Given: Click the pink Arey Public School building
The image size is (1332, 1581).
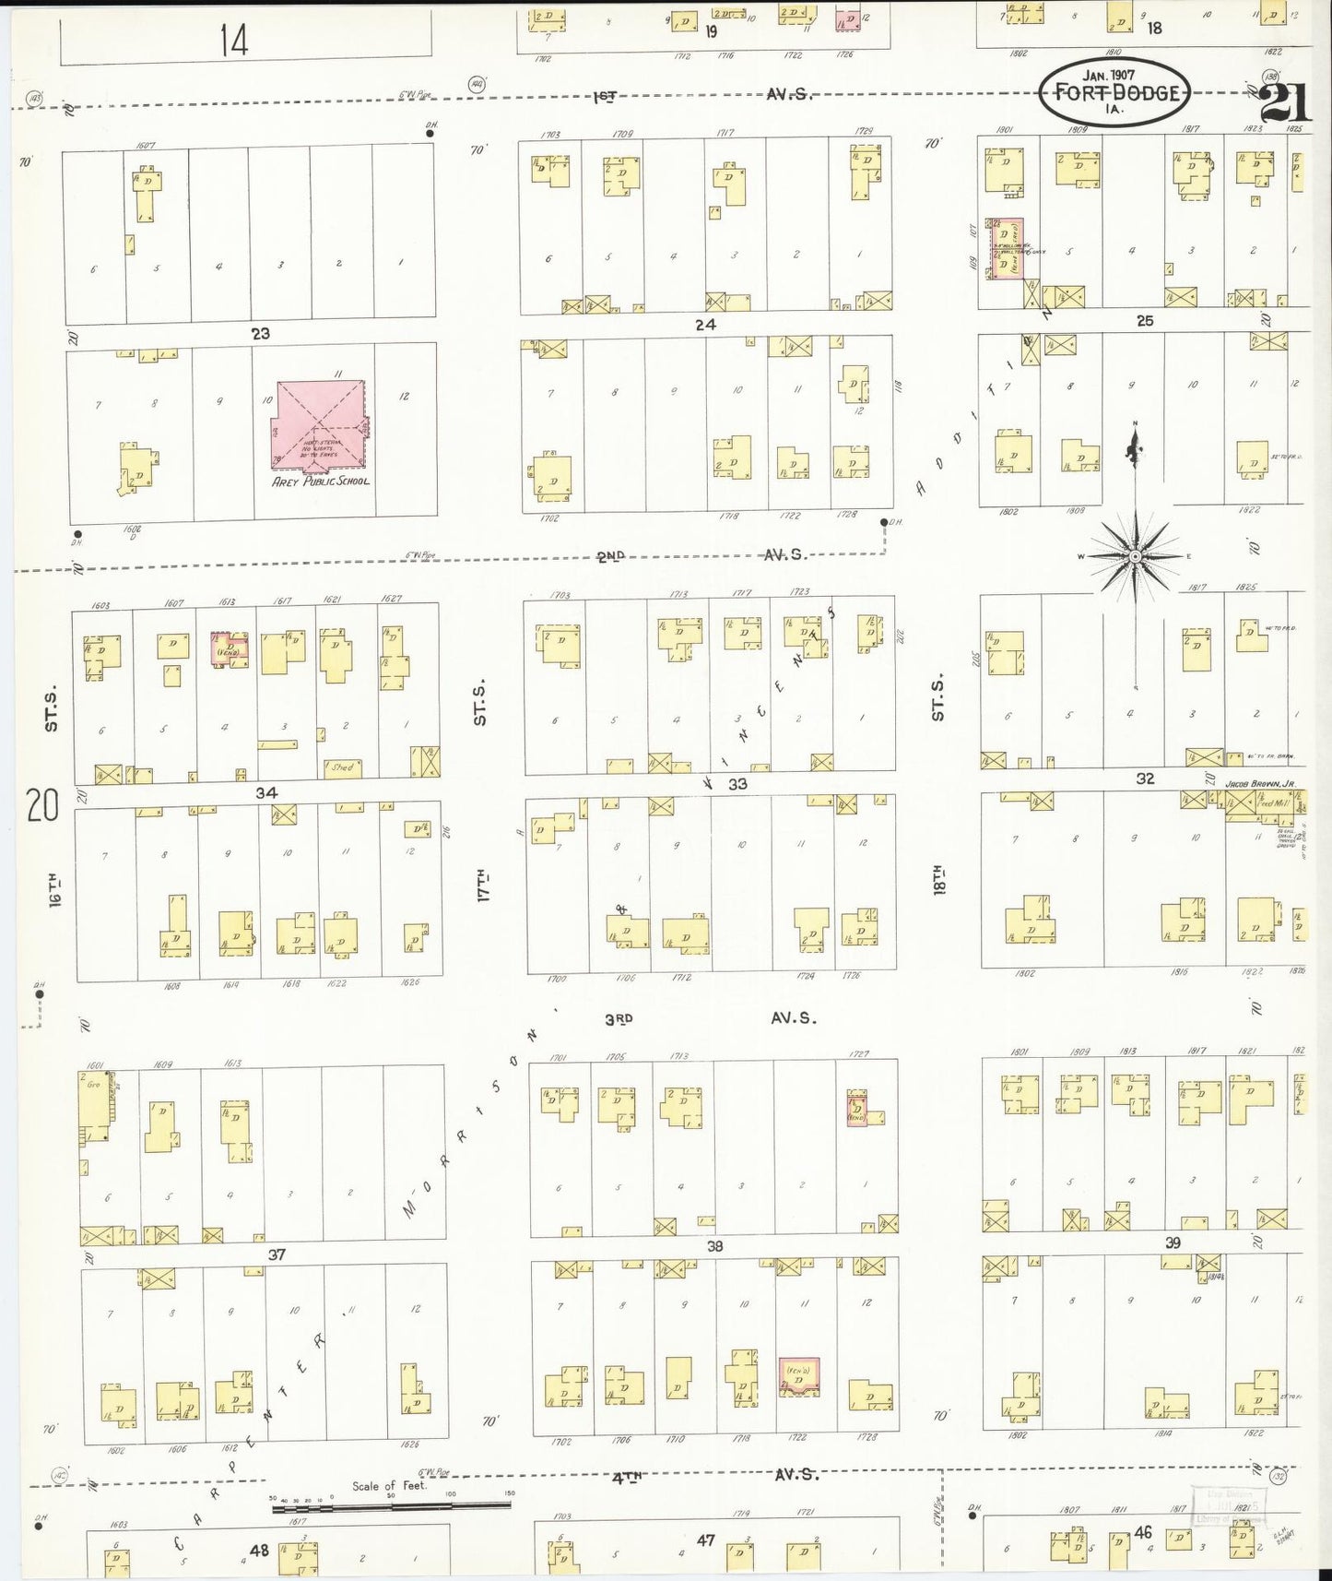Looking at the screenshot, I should click(318, 424).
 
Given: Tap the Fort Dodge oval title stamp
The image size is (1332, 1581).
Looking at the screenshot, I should click(1115, 92).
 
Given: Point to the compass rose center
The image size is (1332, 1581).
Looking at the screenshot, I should click(1136, 557).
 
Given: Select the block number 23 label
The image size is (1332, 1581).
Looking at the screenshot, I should click(261, 333).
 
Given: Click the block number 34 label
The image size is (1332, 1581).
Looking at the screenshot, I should click(266, 792).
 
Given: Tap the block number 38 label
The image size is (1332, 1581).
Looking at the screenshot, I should click(714, 1245).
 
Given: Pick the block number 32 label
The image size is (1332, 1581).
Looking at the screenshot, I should click(1145, 779).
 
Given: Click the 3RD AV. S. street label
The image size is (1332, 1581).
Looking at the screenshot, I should click(710, 1018).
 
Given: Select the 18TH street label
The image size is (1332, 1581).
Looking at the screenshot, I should click(938, 881).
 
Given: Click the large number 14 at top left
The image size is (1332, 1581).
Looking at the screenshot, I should click(234, 40).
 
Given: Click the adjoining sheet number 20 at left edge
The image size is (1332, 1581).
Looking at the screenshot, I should click(42, 805).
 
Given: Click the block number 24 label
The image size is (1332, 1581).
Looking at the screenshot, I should click(705, 325).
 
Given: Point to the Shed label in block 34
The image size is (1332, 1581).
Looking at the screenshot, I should click(343, 767).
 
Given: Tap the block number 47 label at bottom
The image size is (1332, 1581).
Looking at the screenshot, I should click(705, 1539).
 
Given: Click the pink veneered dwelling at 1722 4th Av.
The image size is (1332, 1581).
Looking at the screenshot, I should click(798, 1376).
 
